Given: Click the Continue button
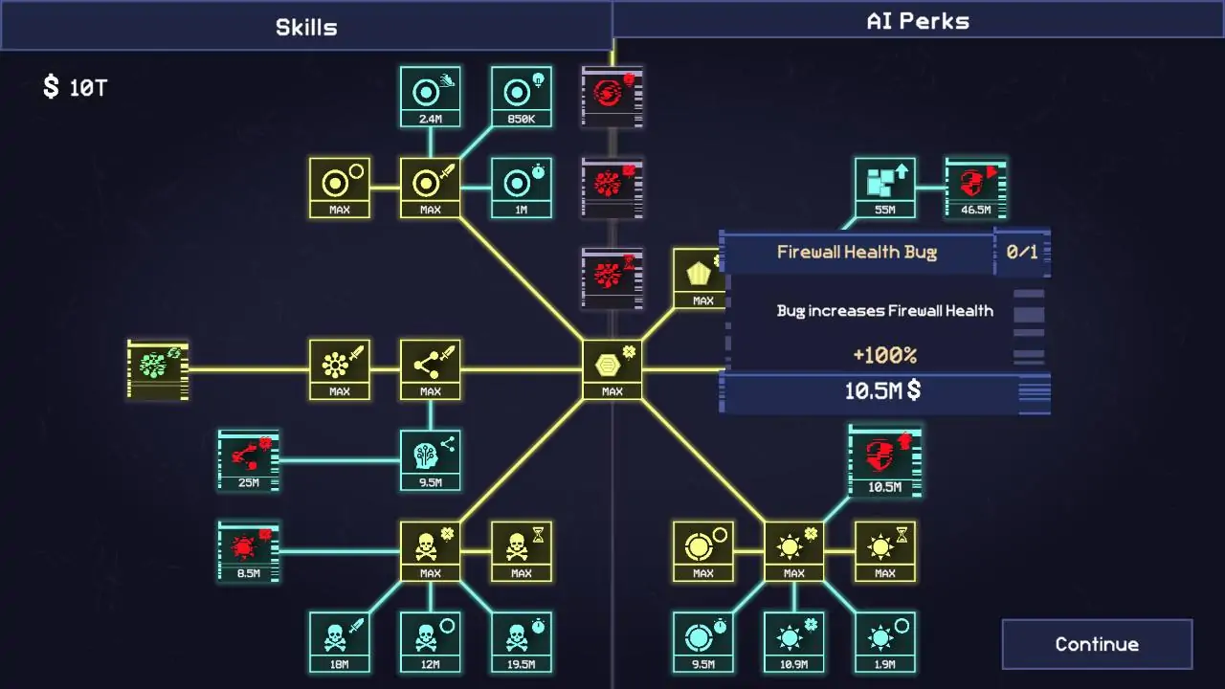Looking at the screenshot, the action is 1097,644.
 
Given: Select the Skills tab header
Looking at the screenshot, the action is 306,27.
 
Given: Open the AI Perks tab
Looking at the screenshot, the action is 918,21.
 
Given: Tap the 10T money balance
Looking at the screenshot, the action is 76,87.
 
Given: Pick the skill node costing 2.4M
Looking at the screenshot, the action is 431,97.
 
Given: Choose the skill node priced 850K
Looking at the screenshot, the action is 522,97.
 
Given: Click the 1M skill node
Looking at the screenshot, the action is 522,188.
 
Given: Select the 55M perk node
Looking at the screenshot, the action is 885,188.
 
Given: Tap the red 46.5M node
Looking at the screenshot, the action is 976,188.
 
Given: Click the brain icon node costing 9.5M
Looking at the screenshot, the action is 431,460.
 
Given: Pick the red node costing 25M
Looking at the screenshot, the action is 248,460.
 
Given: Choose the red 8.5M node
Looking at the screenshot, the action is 248,551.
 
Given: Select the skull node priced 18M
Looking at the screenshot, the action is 339,642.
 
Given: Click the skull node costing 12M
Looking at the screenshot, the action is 431,642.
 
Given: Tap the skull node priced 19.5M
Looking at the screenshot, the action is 522,642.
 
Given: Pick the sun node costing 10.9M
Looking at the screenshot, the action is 794,642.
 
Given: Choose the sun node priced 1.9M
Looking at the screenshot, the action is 885,642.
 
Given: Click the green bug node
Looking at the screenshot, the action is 158,369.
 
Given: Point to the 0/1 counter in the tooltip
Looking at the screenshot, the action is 1021,252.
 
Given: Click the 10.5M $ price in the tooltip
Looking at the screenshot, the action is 882,391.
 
